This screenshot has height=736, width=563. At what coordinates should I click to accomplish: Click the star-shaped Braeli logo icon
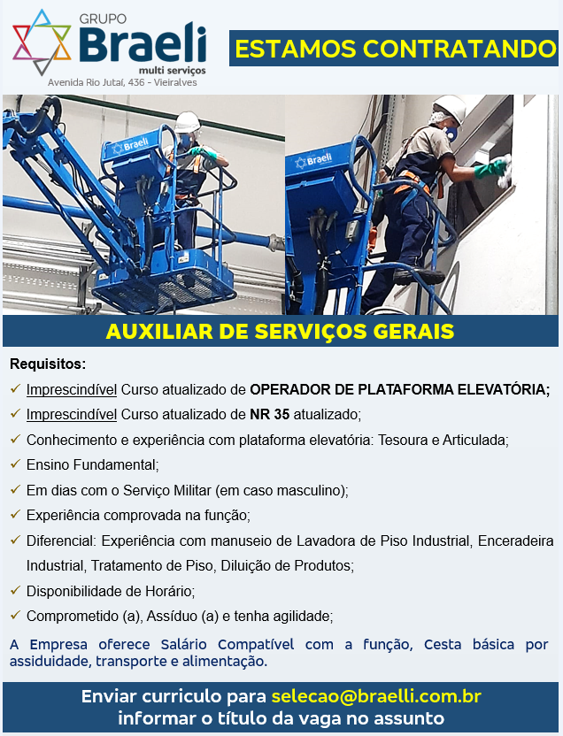tap(42, 42)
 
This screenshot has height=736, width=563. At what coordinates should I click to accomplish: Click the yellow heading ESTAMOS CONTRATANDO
tap(396, 49)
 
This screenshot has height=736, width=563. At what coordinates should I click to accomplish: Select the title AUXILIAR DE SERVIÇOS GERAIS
tap(281, 332)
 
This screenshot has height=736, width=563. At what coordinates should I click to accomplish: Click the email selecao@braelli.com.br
tap(376, 696)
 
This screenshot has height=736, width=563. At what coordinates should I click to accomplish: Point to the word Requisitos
tap(47, 364)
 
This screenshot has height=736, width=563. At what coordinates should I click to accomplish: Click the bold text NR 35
tap(269, 415)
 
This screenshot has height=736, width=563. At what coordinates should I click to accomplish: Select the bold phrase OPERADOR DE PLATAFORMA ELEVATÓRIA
tap(398, 389)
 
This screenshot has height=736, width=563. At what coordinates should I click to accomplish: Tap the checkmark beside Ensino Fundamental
tap(16, 464)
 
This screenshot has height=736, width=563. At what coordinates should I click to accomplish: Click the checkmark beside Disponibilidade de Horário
tap(16, 590)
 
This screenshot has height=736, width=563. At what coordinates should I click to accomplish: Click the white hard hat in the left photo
tap(187, 122)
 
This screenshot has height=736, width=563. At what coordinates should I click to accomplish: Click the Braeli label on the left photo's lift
tap(132, 145)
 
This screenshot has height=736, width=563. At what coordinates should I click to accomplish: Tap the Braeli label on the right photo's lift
tap(313, 160)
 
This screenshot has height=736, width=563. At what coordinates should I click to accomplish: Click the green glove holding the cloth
tap(490, 167)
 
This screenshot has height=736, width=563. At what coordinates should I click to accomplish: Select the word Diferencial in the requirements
tap(60, 540)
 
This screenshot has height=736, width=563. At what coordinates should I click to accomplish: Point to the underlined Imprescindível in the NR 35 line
tap(72, 415)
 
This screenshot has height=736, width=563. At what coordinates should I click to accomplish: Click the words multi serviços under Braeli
tap(173, 71)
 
